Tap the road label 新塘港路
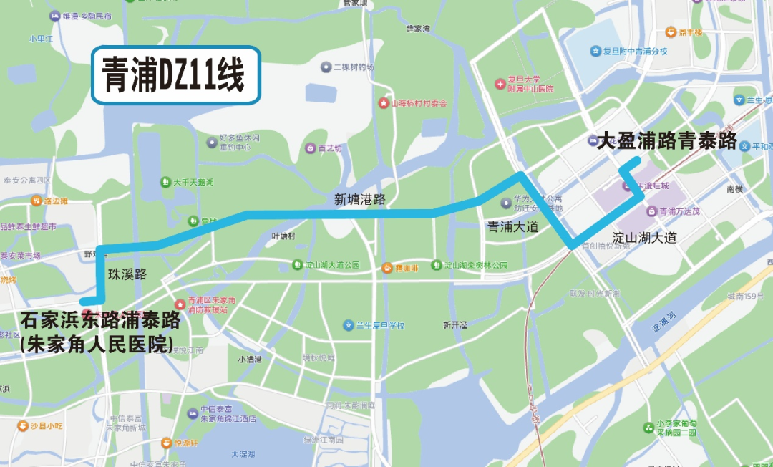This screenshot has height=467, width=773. tap(359, 200)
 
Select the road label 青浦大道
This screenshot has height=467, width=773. tap(512, 227)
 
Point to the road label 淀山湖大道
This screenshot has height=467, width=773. tap(644, 238)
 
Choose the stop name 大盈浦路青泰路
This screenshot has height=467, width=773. tap(666, 141)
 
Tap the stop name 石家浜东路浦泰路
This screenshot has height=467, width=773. tap(100, 320)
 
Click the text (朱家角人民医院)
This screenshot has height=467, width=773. tap(97, 344)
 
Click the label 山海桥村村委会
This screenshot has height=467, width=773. tap(418, 103)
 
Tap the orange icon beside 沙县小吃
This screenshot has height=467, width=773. tap(24, 425)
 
